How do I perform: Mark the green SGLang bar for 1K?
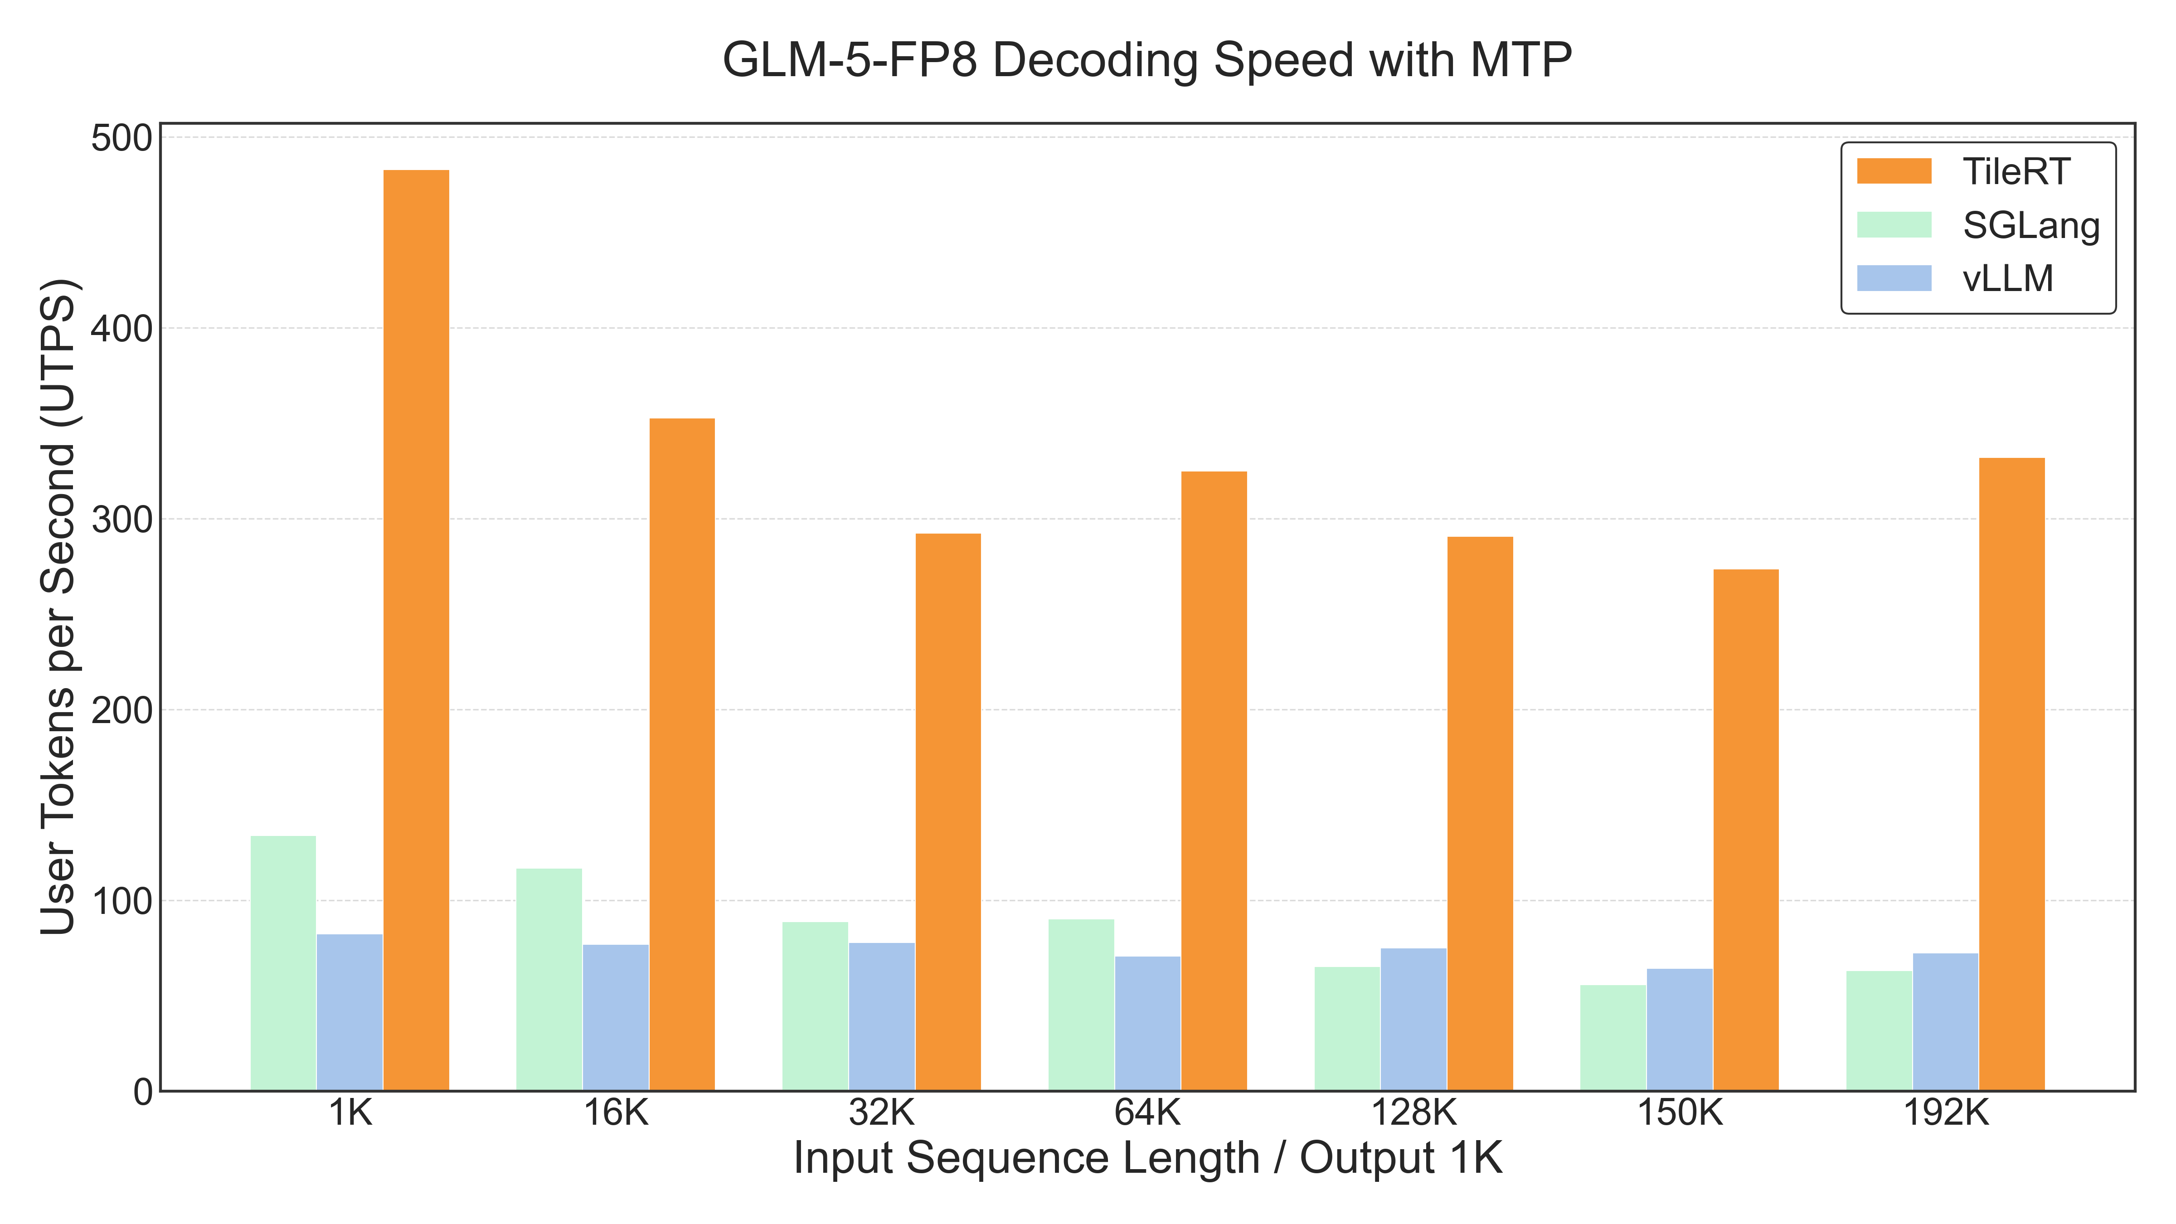(283, 963)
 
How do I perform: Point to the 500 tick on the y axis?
(121, 138)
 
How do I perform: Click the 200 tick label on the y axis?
(121, 710)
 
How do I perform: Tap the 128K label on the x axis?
(1413, 1113)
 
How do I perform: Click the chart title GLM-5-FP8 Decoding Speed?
(1146, 61)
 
